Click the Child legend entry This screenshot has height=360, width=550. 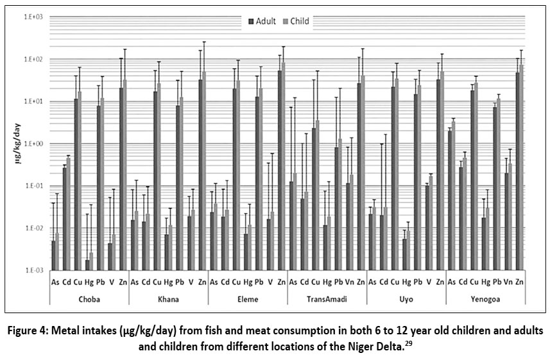click(x=298, y=21)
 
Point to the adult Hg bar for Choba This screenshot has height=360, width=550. click(x=87, y=265)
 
